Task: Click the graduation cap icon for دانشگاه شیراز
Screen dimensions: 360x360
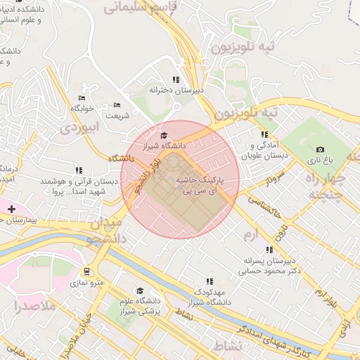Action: click(x=165, y=135)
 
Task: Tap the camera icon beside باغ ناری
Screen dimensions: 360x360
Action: click(x=321, y=149)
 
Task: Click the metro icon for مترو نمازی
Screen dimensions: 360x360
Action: click(x=86, y=271)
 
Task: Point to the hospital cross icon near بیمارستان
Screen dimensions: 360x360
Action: click(x=11, y=209)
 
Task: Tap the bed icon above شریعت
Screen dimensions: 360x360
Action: click(x=117, y=105)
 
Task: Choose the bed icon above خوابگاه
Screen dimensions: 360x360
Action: click(x=82, y=98)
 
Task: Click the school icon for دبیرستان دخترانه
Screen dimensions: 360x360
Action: click(x=176, y=79)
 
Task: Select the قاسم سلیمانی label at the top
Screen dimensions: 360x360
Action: click(x=141, y=8)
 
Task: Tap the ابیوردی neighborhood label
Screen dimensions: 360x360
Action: click(x=77, y=128)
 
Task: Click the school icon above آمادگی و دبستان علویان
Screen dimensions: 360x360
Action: click(x=264, y=134)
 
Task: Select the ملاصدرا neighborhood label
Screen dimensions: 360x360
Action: click(x=34, y=305)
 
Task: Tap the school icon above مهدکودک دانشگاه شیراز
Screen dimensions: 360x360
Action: click(x=208, y=281)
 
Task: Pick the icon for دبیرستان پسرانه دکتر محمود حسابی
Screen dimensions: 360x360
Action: click(x=269, y=250)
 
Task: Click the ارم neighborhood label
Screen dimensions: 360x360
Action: click(x=250, y=233)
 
